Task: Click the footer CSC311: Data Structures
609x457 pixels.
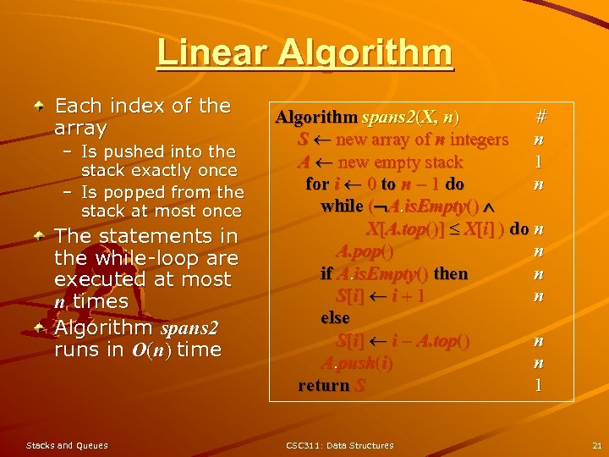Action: coord(339,445)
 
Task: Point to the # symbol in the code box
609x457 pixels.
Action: coord(541,115)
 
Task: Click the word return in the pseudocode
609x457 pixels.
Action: coord(324,385)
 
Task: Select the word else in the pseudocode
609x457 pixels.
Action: coord(335,318)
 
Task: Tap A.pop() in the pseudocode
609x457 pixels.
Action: coord(364,251)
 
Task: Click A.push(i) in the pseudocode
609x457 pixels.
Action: coord(356,363)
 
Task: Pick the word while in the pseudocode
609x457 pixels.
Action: coord(342,206)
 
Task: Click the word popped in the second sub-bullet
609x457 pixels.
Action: coord(140,192)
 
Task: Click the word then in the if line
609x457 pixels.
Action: coord(450,273)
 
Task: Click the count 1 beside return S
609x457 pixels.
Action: coord(538,385)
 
